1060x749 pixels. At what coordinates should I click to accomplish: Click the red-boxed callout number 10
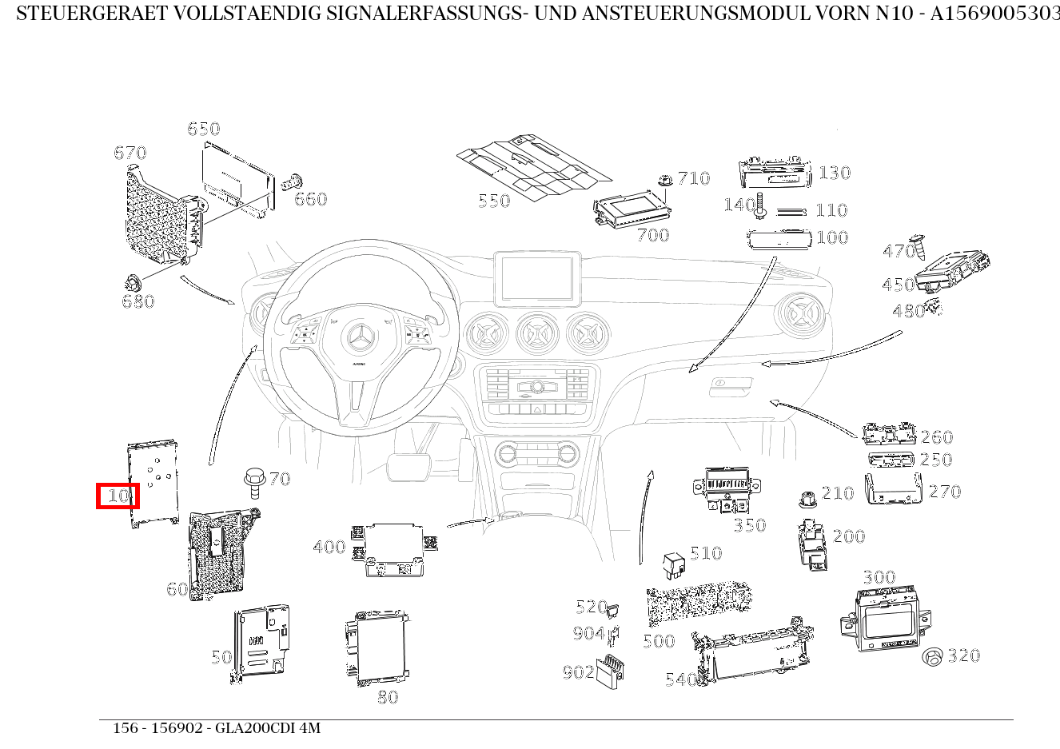click(x=118, y=496)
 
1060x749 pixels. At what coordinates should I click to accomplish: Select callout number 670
click(x=130, y=153)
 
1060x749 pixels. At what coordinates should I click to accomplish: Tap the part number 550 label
click(x=494, y=201)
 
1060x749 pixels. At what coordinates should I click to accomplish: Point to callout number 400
click(x=329, y=548)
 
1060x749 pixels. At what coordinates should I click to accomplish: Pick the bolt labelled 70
click(x=254, y=481)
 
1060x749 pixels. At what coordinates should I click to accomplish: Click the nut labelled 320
click(x=932, y=657)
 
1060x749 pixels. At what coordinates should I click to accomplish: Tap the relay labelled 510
click(x=673, y=564)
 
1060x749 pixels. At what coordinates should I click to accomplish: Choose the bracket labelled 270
click(x=893, y=489)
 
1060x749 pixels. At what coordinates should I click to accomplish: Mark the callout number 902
click(x=578, y=672)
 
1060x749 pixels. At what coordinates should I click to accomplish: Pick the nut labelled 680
click(x=132, y=282)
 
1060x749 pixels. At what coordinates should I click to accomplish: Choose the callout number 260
click(x=937, y=437)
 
